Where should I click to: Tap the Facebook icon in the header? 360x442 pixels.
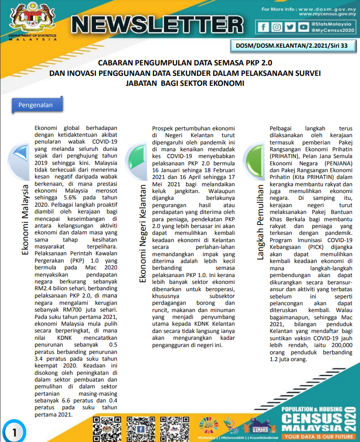(x=263, y=27)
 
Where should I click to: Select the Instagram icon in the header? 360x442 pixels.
(x=276, y=27)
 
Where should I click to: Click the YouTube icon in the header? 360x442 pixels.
(x=303, y=27)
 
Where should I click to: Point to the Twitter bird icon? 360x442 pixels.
(x=290, y=27)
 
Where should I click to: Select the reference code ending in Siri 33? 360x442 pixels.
(x=291, y=45)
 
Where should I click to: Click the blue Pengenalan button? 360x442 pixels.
(x=35, y=105)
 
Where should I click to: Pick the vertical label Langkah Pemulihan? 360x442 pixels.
(x=260, y=223)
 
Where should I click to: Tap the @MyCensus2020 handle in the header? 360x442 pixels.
(x=332, y=30)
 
